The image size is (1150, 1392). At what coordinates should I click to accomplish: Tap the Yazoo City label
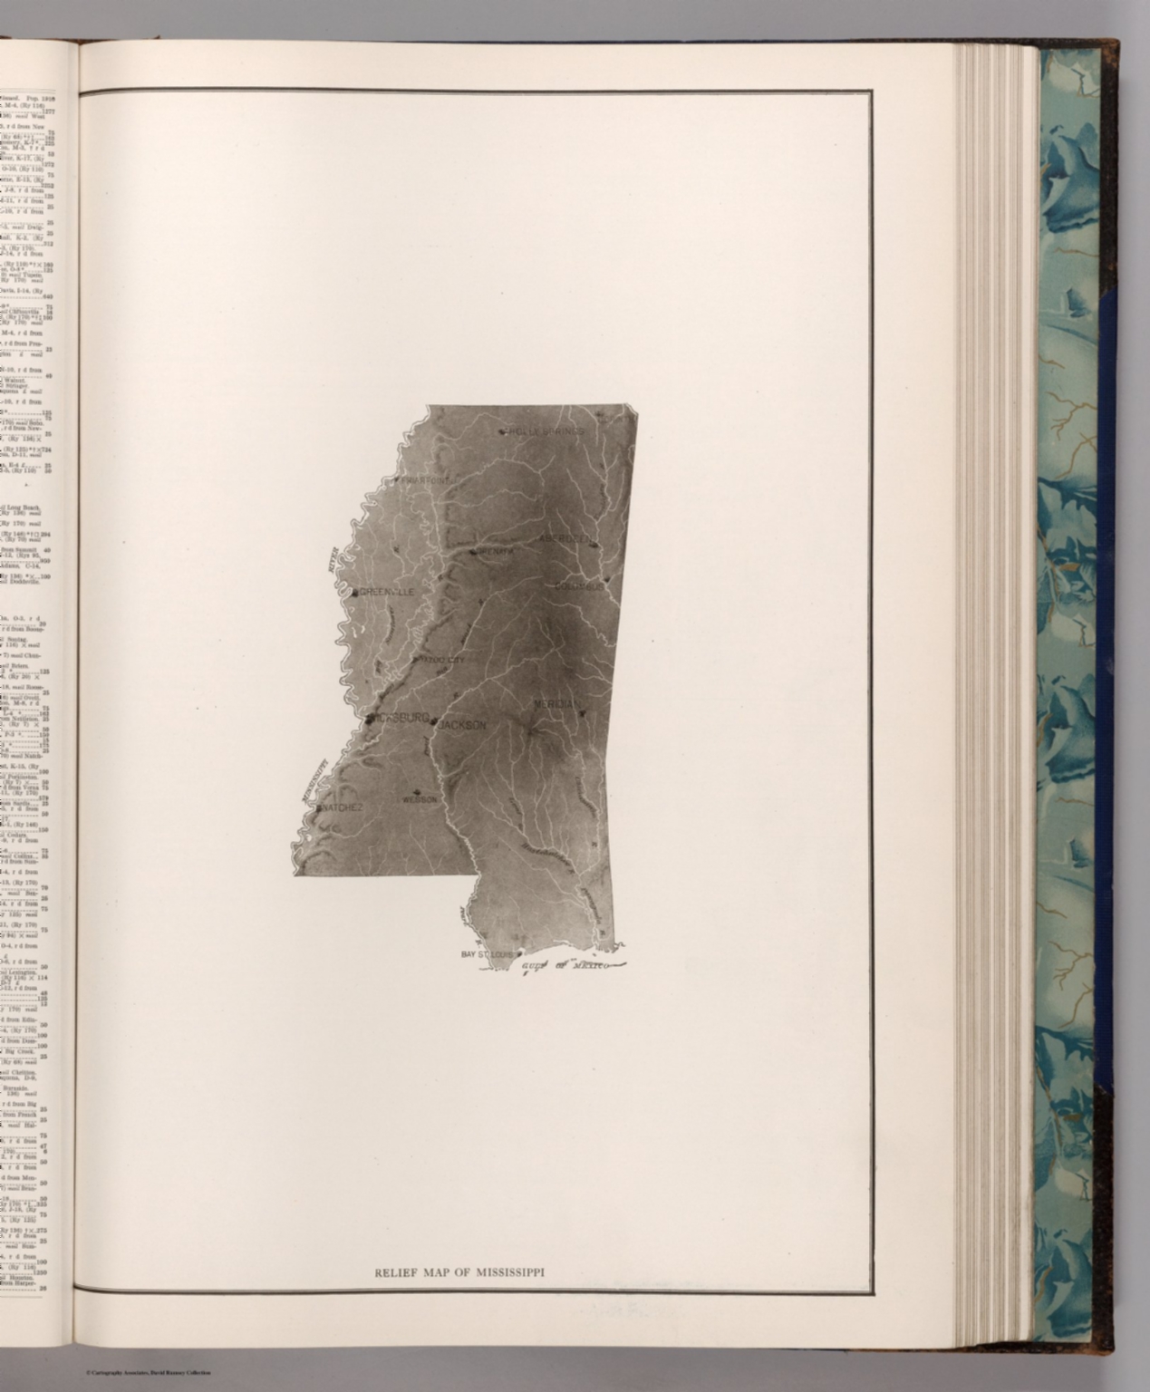[438, 660]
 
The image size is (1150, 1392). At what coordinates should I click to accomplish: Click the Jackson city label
[463, 725]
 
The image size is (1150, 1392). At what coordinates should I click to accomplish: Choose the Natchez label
[343, 807]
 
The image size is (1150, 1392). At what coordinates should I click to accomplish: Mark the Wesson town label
[420, 800]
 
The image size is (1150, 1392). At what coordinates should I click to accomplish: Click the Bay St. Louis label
[488, 954]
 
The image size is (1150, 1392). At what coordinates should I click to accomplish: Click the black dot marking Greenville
[355, 592]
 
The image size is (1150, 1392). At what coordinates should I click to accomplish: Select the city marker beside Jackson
[435, 722]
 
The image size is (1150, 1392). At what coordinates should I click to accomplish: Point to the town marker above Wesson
[416, 788]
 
